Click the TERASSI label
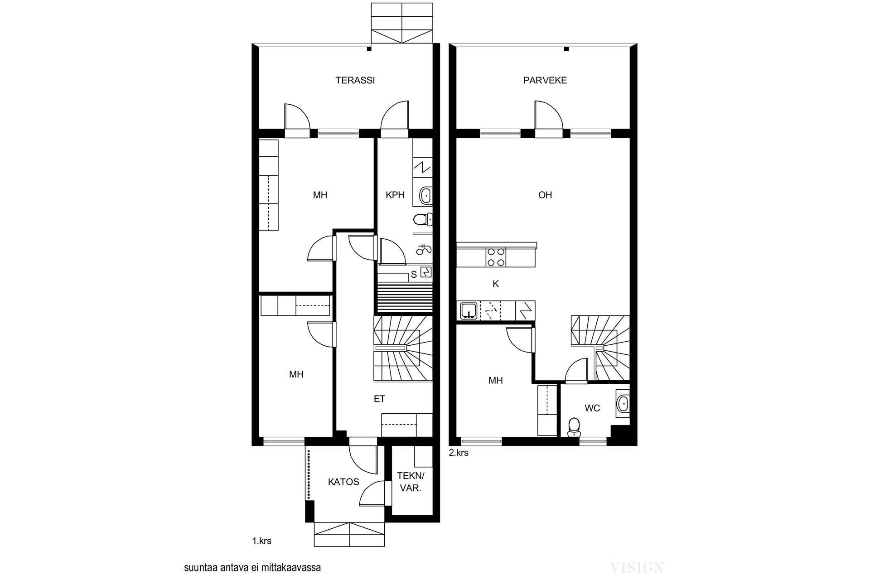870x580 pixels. click(355, 81)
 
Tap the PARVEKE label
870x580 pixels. click(545, 81)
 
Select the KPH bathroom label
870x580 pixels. click(395, 195)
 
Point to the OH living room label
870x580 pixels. click(545, 195)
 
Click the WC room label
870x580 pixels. click(592, 408)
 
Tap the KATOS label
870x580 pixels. click(343, 482)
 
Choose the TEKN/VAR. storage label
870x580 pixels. click(411, 482)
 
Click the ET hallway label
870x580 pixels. click(379, 399)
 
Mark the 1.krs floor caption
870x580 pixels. click(262, 541)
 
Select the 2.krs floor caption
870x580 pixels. click(459, 453)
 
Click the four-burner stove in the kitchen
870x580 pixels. click(496, 257)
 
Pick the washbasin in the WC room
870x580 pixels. click(623, 402)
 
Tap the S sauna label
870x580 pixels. click(414, 275)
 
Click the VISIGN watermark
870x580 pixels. click(637, 567)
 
